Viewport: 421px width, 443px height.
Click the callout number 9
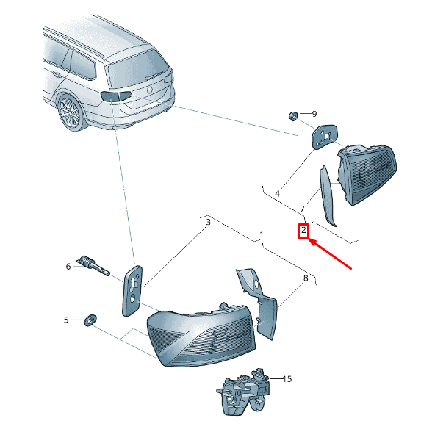point(314,114)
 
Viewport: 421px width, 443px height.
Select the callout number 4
point(277,194)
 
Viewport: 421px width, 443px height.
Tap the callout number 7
point(302,209)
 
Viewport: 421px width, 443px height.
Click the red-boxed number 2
point(303,230)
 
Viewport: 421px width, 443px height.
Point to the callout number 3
point(208,222)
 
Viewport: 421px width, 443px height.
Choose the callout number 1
point(262,235)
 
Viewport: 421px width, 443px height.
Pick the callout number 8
point(306,278)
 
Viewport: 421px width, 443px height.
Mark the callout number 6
point(68,267)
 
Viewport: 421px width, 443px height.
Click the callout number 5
point(66,320)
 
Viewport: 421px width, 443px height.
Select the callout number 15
point(287,379)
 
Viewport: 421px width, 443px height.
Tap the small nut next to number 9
point(293,116)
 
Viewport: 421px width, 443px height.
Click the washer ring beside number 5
point(90,320)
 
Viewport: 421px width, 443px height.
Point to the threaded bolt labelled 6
point(93,265)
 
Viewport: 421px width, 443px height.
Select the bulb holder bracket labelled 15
point(243,392)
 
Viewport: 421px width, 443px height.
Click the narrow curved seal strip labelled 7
point(326,195)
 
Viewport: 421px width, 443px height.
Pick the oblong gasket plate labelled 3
point(132,291)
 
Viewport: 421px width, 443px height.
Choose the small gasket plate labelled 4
point(324,137)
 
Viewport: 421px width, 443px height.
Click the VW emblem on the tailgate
point(149,90)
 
